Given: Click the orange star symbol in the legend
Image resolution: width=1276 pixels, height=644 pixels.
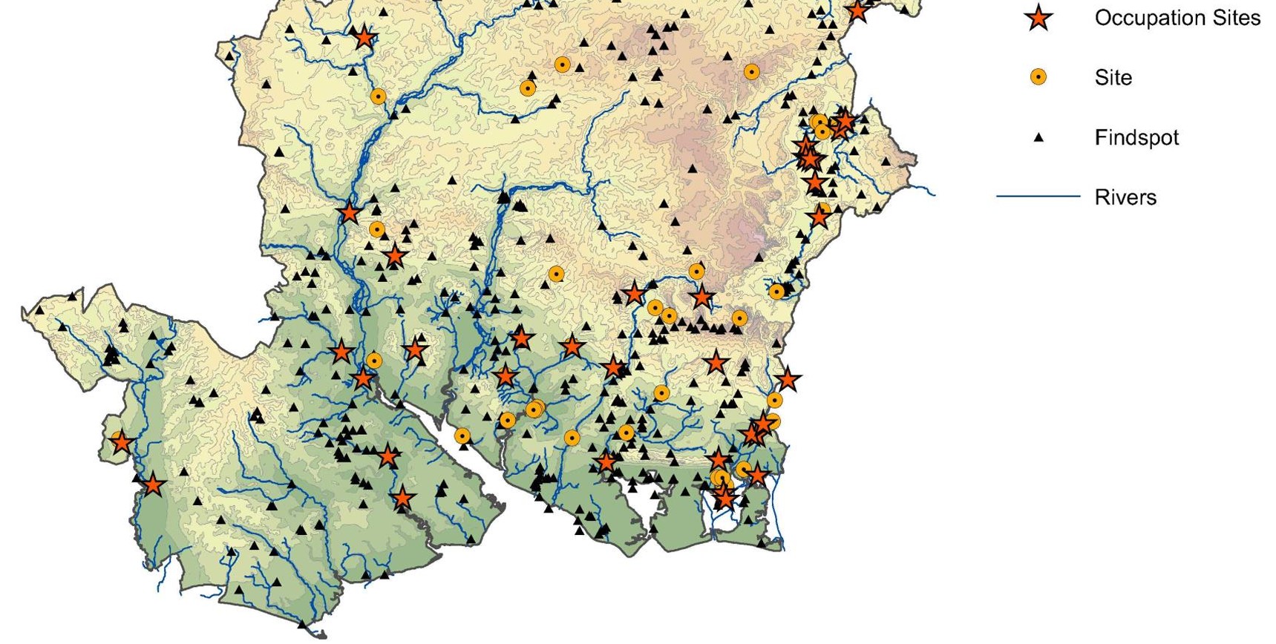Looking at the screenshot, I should [x=1038, y=19].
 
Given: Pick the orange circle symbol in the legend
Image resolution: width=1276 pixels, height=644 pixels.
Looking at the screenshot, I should [x=1038, y=77].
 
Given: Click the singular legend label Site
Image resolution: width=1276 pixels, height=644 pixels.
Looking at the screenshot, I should [x=1113, y=78].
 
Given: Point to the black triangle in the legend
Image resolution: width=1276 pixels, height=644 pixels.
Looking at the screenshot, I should [x=1038, y=137].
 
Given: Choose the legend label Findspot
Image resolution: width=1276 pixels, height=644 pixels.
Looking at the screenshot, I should [x=1136, y=137].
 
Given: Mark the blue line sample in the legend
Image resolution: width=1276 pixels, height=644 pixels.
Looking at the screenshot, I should [x=1037, y=197].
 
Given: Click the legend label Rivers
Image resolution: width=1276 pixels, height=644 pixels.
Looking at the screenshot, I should [x=1125, y=197].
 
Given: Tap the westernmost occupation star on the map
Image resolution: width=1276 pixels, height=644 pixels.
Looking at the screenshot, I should [x=121, y=443].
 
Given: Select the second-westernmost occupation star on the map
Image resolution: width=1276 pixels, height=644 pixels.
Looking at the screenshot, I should [x=153, y=485].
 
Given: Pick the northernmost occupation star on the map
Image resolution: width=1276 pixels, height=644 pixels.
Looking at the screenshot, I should [x=857, y=10].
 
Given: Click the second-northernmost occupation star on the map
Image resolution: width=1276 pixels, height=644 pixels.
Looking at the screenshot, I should [x=364, y=36].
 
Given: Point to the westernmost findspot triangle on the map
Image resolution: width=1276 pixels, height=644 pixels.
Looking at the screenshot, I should [x=39, y=310].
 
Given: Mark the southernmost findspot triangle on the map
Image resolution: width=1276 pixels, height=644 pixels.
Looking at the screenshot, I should [x=238, y=590].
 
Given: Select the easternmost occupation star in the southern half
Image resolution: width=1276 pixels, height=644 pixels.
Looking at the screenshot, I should [x=788, y=380].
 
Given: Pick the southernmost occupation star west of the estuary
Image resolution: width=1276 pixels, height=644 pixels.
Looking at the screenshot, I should [x=402, y=498].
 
